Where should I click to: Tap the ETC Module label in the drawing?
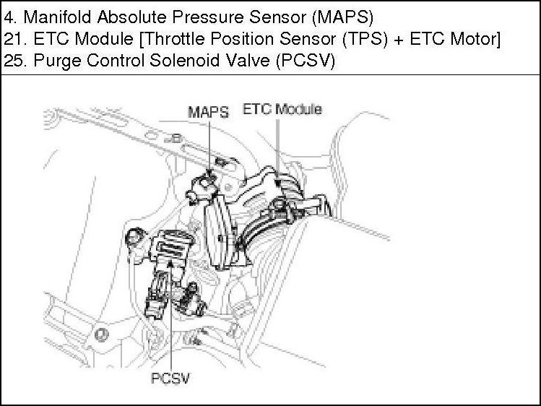[282, 109]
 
